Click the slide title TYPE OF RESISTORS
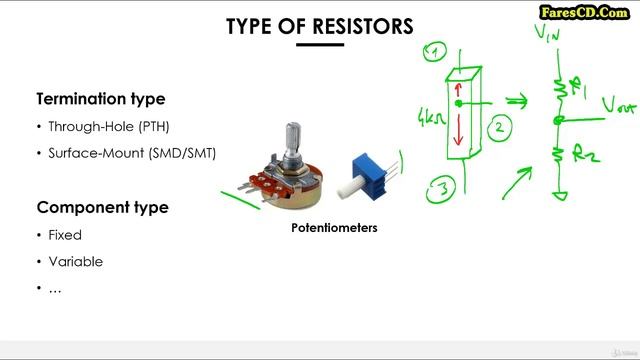pyautogui.click(x=320, y=26)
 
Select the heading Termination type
pyautogui.click(x=101, y=99)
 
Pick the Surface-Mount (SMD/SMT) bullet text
pyautogui.click(x=131, y=153)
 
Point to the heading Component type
pyautogui.click(x=102, y=208)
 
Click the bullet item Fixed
pyautogui.click(x=65, y=235)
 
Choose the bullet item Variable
pyautogui.click(x=75, y=261)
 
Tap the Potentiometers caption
pyautogui.click(x=334, y=228)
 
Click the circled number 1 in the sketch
pyautogui.click(x=436, y=52)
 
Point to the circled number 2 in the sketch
pyautogui.click(x=499, y=126)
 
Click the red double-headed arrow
pyautogui.click(x=460, y=119)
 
